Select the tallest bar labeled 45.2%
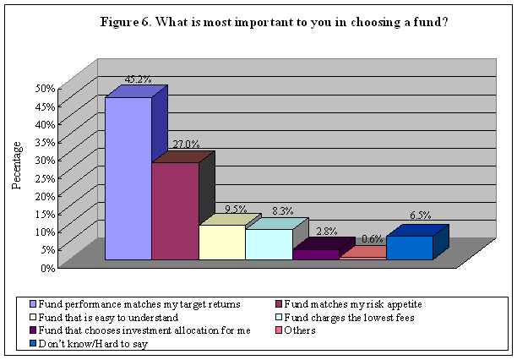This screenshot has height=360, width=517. [128, 177]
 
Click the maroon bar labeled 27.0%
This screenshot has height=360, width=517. [175, 210]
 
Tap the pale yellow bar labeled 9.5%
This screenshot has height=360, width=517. [221, 242]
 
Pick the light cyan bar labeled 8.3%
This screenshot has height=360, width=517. [269, 243]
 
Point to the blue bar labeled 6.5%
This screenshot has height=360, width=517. [409, 247]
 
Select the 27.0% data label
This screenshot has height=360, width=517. [184, 145]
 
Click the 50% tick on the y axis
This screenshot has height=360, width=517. [45, 88]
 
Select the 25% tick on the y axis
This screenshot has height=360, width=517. [45, 177]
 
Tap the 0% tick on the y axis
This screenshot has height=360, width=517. [47, 267]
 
